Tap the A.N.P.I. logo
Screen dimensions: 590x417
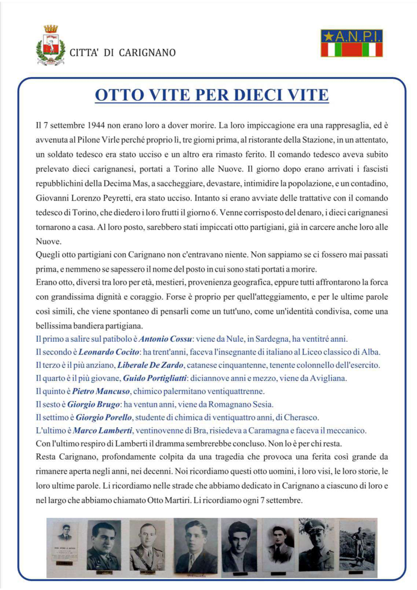352,43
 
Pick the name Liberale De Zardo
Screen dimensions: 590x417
150,365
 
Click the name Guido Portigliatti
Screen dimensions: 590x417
155,378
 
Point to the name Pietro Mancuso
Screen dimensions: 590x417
101,391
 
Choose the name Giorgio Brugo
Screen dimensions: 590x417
93,404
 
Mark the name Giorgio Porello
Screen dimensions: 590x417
104,418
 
